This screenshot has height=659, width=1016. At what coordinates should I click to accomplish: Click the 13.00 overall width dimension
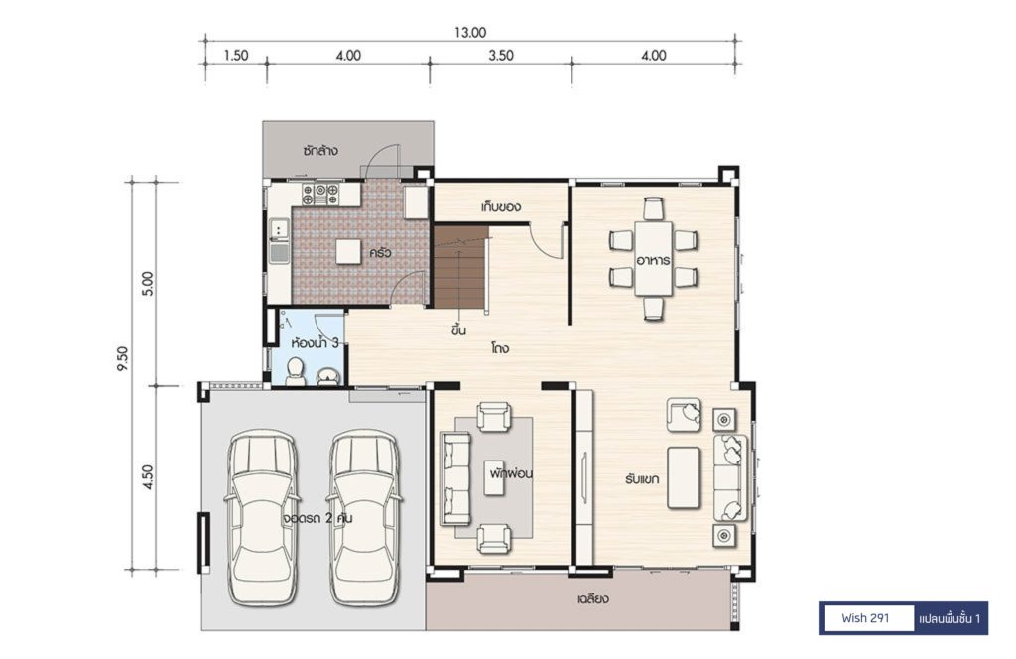click(x=469, y=33)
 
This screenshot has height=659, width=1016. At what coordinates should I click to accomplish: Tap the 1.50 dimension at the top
click(x=236, y=55)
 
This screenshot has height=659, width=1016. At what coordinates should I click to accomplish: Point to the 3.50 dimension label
click(x=501, y=55)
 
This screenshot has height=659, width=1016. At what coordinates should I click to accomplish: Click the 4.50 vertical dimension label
click(x=148, y=477)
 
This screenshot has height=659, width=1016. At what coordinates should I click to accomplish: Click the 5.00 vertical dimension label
click(x=148, y=283)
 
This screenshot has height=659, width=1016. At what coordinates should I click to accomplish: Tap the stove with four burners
click(x=320, y=195)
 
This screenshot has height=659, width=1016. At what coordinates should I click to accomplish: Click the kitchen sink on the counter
click(x=279, y=240)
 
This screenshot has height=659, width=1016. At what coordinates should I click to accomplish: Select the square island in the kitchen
click(x=348, y=251)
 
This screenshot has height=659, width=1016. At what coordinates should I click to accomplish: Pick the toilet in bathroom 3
click(x=296, y=372)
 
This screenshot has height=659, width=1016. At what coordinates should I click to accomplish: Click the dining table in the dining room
click(x=653, y=259)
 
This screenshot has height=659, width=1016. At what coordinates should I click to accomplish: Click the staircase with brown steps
click(x=459, y=268)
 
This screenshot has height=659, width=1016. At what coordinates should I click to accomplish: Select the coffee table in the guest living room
click(x=684, y=477)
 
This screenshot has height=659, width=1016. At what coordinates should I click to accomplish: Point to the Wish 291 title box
click(x=866, y=618)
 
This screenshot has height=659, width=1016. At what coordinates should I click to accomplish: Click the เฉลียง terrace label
click(x=593, y=598)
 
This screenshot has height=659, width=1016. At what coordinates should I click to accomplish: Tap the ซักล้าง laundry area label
click(x=320, y=150)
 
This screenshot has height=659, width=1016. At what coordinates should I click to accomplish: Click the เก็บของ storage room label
click(x=501, y=207)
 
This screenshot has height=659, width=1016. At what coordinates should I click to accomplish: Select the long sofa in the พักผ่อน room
click(x=456, y=478)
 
